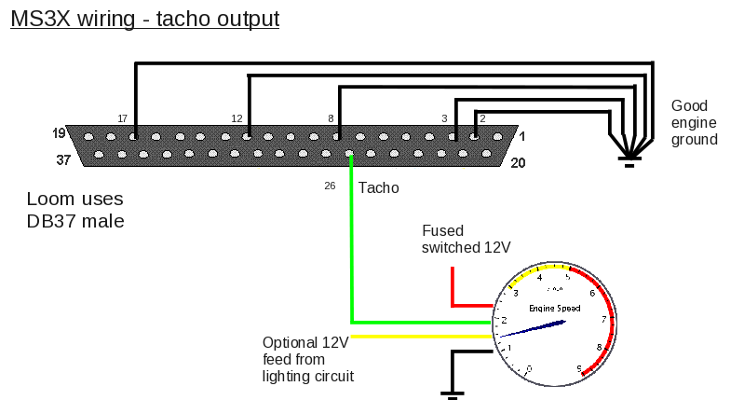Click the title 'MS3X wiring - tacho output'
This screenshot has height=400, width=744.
click(144, 19)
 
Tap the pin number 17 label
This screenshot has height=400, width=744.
click(122, 118)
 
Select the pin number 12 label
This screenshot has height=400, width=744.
click(237, 118)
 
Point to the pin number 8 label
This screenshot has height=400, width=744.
click(331, 118)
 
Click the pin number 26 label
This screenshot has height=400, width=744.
click(330, 186)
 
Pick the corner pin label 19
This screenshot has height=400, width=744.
click(60, 134)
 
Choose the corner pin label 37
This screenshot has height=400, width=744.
click(63, 160)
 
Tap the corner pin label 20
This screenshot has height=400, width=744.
click(519, 162)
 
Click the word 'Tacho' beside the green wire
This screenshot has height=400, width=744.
click(378, 187)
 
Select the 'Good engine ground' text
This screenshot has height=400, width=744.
click(695, 122)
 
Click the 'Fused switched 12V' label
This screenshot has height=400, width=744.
click(467, 239)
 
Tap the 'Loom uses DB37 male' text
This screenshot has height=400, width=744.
click(75, 210)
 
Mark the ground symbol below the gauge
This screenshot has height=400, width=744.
click(453, 393)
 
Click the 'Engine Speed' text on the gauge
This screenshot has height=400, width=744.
click(554, 308)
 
